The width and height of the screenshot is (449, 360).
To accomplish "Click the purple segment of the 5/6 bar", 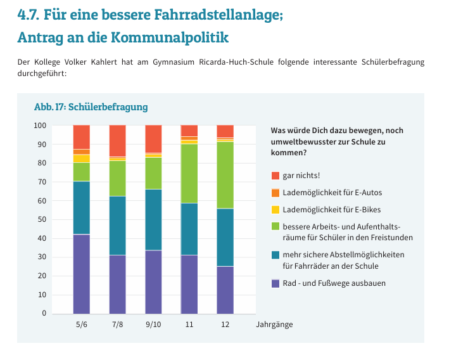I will coord(81,274).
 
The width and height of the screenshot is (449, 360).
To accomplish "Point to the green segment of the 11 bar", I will coord(189,174).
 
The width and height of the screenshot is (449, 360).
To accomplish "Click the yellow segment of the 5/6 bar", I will coord(81,158).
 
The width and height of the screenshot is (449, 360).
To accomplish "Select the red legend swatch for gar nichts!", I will coord(275,175).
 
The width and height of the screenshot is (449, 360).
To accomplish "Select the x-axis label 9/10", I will coord(154,325).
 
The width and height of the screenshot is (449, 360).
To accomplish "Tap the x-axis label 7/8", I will coord(118,325).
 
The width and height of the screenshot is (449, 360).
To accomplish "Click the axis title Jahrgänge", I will coord(274,325).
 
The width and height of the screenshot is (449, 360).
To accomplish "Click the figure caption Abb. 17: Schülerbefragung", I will coord(91,107).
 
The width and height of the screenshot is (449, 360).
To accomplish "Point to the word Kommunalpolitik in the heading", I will coord(169,37).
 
